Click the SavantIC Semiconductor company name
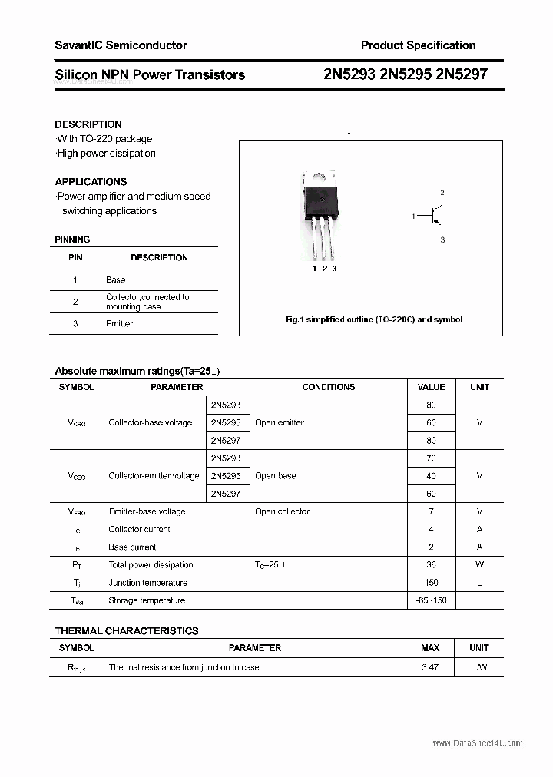coord(121,45)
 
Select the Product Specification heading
coord(418,45)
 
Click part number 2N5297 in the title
coord(461,74)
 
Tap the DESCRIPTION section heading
coord(88,124)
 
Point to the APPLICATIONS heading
coord(91,182)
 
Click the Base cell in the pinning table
coord(116,280)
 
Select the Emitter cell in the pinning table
coord(119,324)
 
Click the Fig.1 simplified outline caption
coord(373,319)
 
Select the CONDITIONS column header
coord(329,387)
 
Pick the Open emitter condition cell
coord(280,423)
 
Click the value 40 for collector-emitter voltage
coord(431,476)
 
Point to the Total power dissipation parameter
coord(151,565)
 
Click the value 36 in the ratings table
coord(431,565)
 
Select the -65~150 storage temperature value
coord(431,600)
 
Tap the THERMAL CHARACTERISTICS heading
coord(127,631)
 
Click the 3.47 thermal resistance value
coord(430,668)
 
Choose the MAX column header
coord(430,648)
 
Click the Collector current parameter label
coord(139,530)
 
